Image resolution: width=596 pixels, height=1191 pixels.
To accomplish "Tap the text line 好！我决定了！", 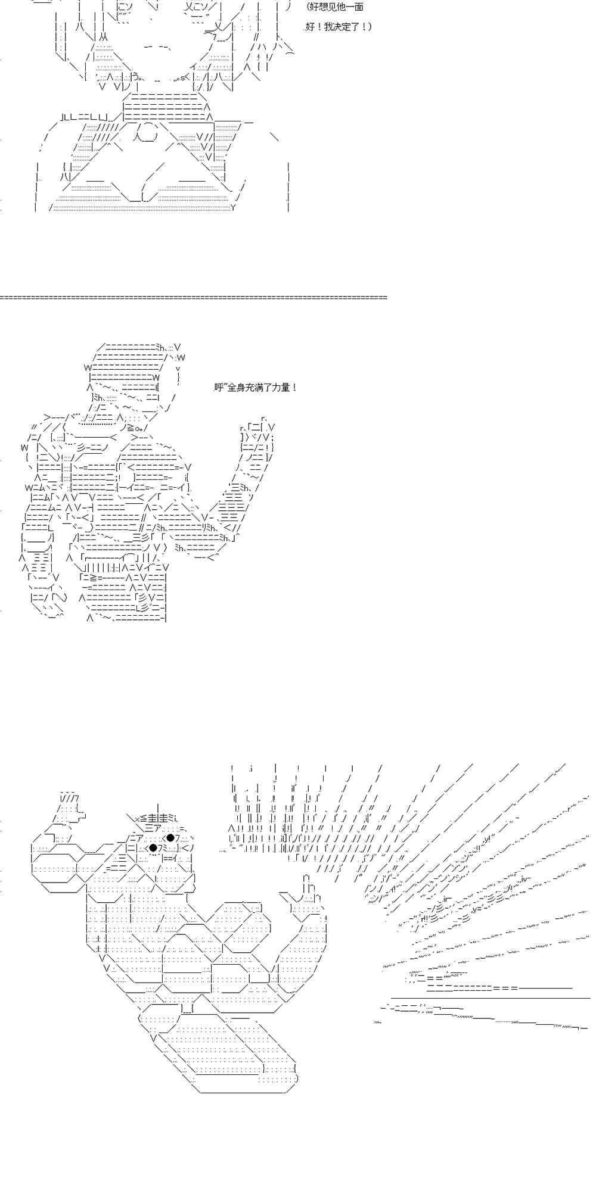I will point(339,27).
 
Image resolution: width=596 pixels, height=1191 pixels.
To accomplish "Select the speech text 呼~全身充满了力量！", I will point(255,388).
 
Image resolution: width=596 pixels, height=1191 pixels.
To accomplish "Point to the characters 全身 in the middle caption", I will point(237,388).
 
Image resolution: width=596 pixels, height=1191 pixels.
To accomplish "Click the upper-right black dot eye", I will point(170,838).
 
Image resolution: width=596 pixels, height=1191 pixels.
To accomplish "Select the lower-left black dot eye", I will point(153,847).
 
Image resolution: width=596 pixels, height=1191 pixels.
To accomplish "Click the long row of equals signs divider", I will point(194,297).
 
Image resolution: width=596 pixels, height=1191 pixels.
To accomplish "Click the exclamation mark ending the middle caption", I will point(294,388).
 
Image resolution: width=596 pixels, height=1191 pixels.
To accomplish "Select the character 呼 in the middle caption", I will point(218,388).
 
